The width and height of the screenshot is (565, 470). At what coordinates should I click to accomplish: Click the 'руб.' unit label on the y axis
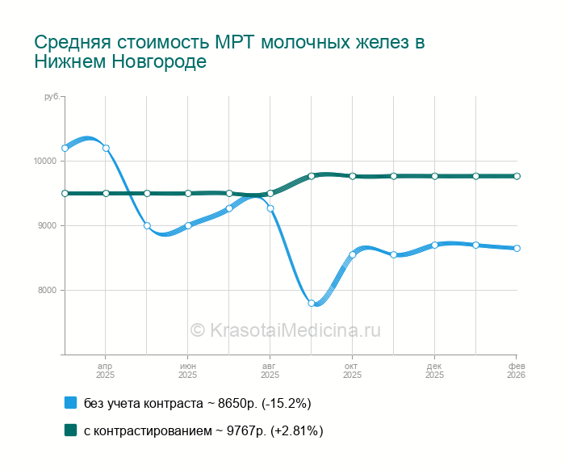(x=52, y=97)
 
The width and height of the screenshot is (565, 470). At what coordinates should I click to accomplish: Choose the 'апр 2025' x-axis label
(x=106, y=370)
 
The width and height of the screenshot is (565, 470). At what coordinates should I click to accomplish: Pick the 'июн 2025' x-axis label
(x=188, y=370)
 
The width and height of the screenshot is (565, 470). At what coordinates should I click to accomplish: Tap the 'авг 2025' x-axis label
(x=270, y=370)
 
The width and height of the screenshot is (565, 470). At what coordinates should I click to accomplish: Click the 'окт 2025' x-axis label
(x=352, y=370)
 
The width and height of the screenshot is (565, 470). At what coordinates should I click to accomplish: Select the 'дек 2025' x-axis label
(x=434, y=370)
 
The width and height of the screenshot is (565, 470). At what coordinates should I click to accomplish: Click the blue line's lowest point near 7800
(x=312, y=303)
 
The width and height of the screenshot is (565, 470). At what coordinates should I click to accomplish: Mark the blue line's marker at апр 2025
(x=106, y=148)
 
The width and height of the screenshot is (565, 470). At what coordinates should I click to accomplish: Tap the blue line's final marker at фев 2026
(x=517, y=248)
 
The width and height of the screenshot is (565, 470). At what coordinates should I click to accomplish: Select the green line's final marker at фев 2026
(x=517, y=176)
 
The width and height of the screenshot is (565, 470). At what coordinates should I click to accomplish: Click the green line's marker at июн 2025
(x=188, y=193)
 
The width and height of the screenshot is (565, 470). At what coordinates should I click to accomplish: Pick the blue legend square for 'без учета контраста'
(x=70, y=402)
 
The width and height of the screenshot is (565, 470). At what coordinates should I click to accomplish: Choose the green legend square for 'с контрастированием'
(x=70, y=430)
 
